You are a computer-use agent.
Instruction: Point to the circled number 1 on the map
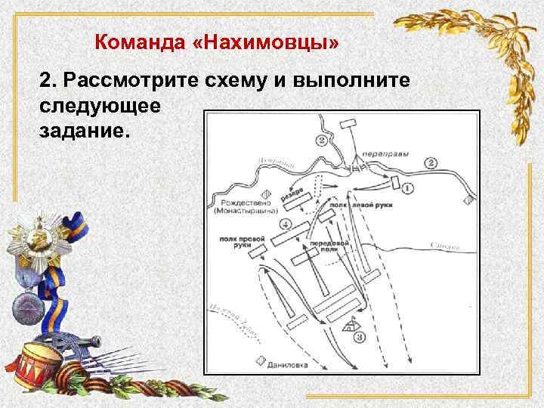coord(407,187)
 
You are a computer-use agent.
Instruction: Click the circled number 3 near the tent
coord(360,336)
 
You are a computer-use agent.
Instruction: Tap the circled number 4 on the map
coord(285,224)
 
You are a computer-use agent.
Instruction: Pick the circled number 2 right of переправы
coord(431,162)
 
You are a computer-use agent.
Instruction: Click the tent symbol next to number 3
coord(349,327)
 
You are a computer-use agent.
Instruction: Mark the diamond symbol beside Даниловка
coord(261,361)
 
